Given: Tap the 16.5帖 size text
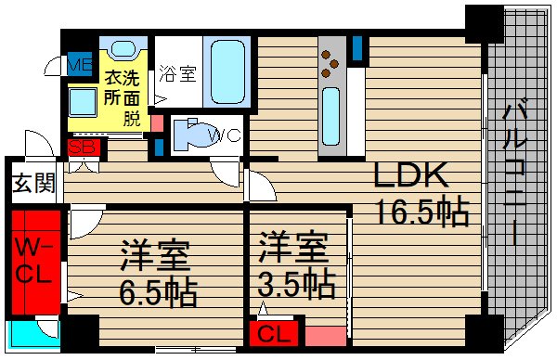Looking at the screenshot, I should coord(421,212).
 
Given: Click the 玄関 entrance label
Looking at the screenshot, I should coord(32,183).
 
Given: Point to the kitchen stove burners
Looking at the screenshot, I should coord(331,62).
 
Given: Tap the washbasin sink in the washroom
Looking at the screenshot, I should coord(123,53).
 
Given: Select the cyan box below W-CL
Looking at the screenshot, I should coord(32,331).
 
